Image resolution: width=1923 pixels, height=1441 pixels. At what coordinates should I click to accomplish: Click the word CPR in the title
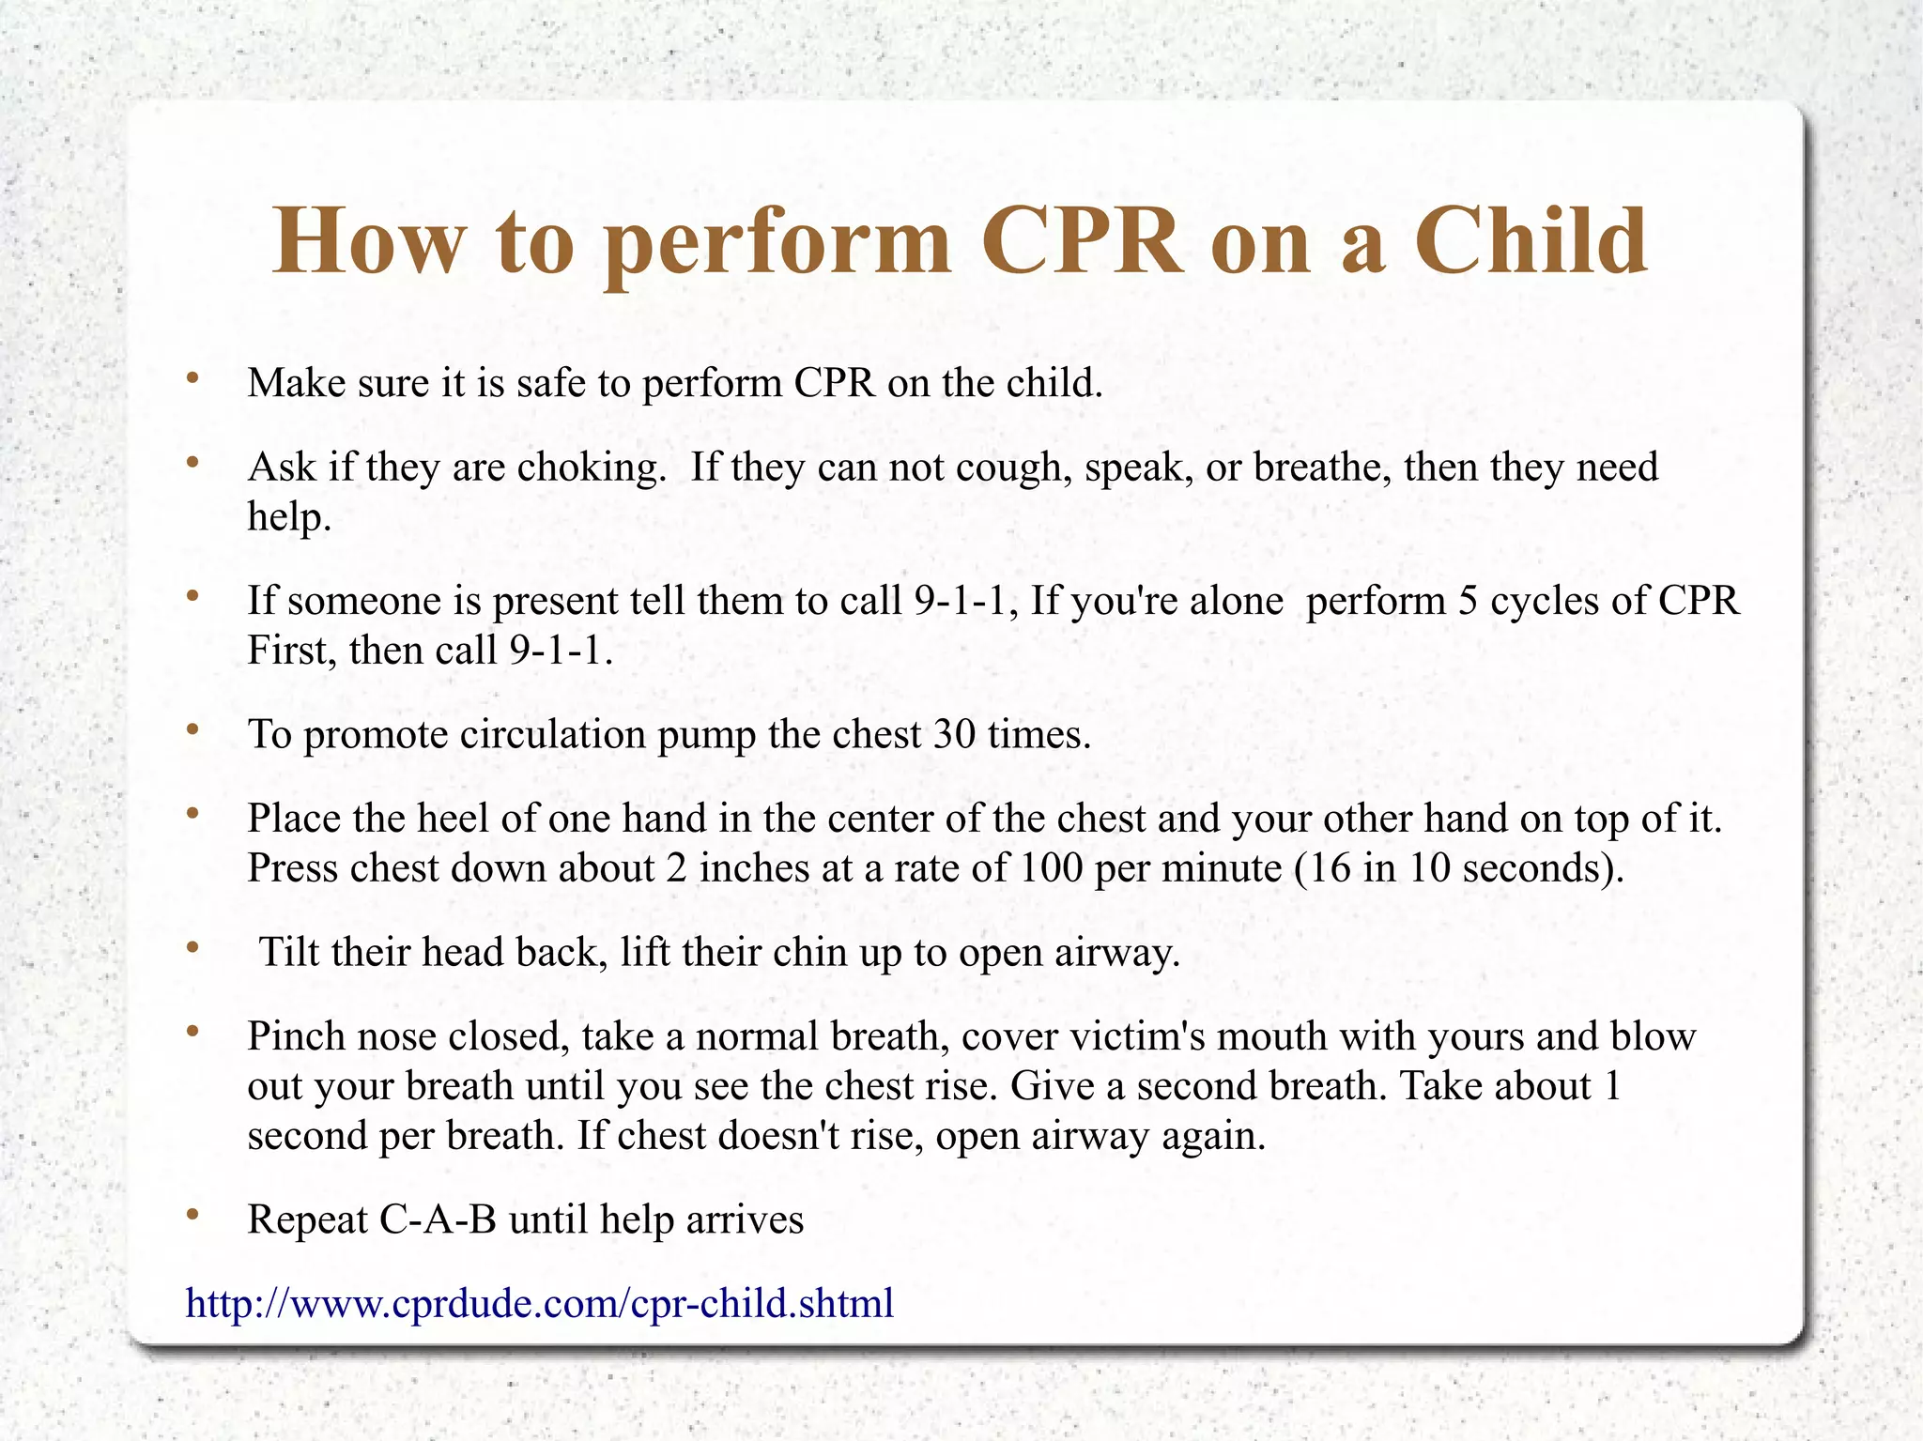(1082, 242)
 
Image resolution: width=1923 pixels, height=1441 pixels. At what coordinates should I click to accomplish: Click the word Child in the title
(1531, 242)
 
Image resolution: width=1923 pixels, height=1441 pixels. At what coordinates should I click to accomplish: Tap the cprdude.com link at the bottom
(540, 1303)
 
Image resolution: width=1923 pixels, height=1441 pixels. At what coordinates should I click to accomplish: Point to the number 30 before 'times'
(955, 734)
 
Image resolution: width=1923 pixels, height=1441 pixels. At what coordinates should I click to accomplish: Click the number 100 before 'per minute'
(1052, 867)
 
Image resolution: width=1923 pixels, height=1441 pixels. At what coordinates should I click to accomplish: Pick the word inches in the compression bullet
(754, 867)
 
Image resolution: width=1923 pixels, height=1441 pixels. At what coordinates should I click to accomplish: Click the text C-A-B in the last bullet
(438, 1219)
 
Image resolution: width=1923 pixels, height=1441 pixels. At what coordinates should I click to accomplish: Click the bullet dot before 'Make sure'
(192, 378)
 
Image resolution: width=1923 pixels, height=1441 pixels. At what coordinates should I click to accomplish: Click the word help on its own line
(288, 517)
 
